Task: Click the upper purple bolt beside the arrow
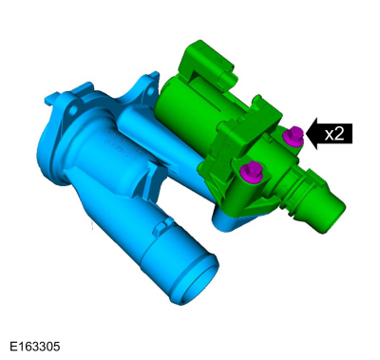[x=294, y=136]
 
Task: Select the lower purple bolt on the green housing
[x=251, y=171]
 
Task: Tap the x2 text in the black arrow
[x=334, y=134]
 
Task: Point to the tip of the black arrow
[x=307, y=133]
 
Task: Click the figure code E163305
[x=35, y=347]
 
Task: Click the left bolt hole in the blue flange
[x=73, y=110]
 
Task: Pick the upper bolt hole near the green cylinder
[x=151, y=92]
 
